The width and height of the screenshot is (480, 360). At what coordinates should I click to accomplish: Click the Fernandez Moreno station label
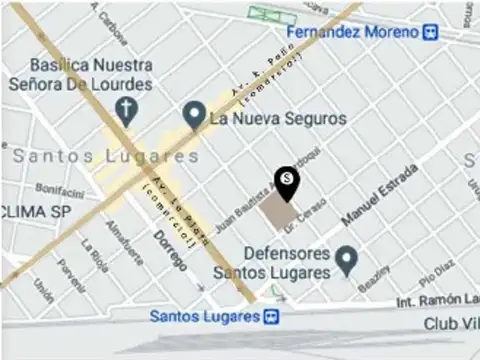351,32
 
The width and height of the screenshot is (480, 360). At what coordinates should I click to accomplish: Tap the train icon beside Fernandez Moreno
430,32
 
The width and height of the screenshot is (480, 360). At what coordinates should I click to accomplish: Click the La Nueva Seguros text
278,118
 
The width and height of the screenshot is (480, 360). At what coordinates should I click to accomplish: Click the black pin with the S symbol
287,181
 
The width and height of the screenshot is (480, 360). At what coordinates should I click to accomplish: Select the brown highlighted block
278,210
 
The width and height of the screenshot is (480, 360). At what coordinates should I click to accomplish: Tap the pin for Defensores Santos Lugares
346,261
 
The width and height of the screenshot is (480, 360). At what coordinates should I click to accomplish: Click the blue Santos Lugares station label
204,316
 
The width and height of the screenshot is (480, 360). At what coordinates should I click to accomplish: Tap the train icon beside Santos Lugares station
270,316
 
